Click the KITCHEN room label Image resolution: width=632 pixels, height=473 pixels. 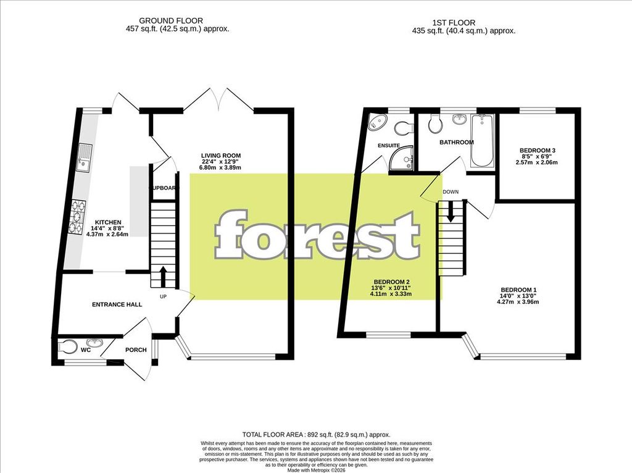(107, 222)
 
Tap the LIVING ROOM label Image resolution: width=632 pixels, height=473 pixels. (220, 156)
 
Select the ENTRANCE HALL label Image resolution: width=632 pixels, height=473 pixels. (117, 304)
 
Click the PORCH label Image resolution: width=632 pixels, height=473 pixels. (136, 350)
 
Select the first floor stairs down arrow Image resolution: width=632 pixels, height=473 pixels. (451, 212)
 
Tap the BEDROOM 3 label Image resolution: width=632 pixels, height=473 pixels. (537, 151)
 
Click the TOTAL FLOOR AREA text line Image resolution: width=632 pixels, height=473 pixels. (315, 435)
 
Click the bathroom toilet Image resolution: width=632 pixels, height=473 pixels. (436, 125)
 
